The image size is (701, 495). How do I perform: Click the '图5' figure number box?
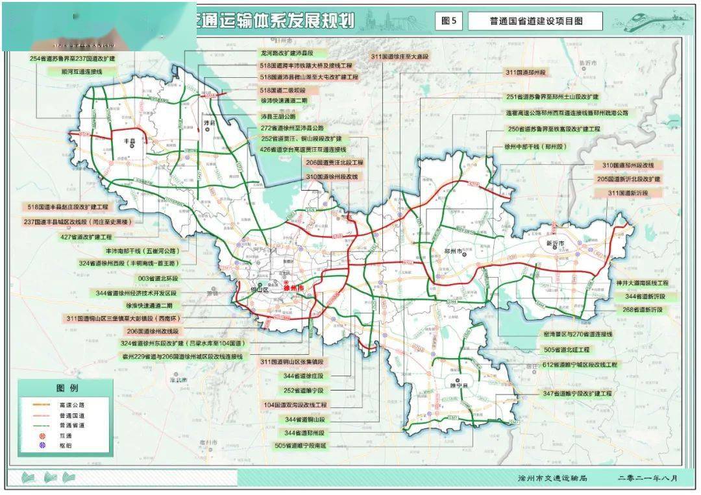pos(449,21)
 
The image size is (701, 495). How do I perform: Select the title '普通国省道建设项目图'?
pos(536,21)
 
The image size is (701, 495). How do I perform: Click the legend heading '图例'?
pos(67,388)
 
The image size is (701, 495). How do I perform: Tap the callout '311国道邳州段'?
pos(528,72)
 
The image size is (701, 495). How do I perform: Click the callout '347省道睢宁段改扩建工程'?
pos(578,394)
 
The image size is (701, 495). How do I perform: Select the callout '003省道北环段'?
pos(151,278)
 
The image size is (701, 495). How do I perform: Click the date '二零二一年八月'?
pos(647,478)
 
